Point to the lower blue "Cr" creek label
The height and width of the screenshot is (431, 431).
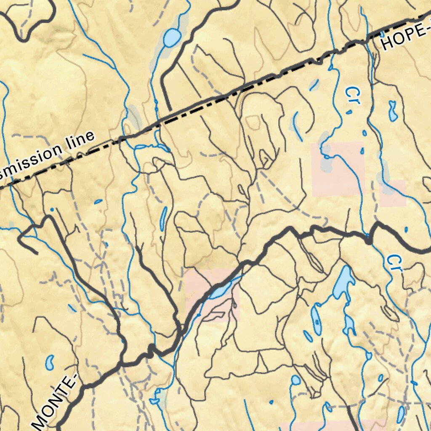393,263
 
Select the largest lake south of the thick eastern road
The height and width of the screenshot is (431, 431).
343,282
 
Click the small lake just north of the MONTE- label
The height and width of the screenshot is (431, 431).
50,362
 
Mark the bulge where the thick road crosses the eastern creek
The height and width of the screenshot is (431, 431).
369,240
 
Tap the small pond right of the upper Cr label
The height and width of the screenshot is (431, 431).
393,110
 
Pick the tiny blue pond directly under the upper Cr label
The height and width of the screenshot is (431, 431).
349,112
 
